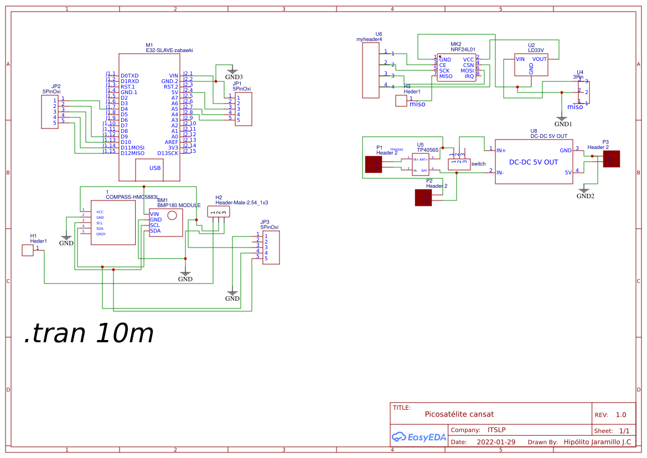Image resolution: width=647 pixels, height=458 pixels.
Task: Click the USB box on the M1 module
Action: click(155, 168)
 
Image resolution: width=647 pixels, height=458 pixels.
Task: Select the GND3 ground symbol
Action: click(232, 72)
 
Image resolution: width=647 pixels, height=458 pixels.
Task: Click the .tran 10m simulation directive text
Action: click(89, 333)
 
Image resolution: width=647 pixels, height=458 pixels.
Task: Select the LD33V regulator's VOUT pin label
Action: click(539, 59)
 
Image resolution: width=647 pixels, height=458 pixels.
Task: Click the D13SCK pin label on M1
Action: click(168, 153)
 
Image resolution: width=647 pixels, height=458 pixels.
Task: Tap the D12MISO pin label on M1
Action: click(132, 153)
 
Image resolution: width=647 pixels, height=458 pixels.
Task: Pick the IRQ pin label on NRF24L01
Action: click(469, 76)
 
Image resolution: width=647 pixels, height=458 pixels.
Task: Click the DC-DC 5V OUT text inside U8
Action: click(534, 162)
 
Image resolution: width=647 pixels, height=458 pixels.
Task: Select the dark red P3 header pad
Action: click(611, 159)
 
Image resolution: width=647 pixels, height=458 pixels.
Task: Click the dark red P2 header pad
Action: click(423, 198)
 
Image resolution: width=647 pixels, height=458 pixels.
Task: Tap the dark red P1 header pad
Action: click(374, 164)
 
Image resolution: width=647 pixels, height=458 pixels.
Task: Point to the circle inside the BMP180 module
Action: click(172, 215)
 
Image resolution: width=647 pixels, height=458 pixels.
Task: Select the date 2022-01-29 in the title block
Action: click(496, 442)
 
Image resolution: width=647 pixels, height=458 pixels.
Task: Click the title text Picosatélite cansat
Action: click(459, 414)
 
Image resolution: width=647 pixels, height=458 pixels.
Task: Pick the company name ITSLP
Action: click(496, 430)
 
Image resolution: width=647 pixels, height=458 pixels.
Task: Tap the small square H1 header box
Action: click(27, 250)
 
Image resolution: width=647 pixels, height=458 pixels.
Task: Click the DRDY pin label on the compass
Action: click(101, 234)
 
